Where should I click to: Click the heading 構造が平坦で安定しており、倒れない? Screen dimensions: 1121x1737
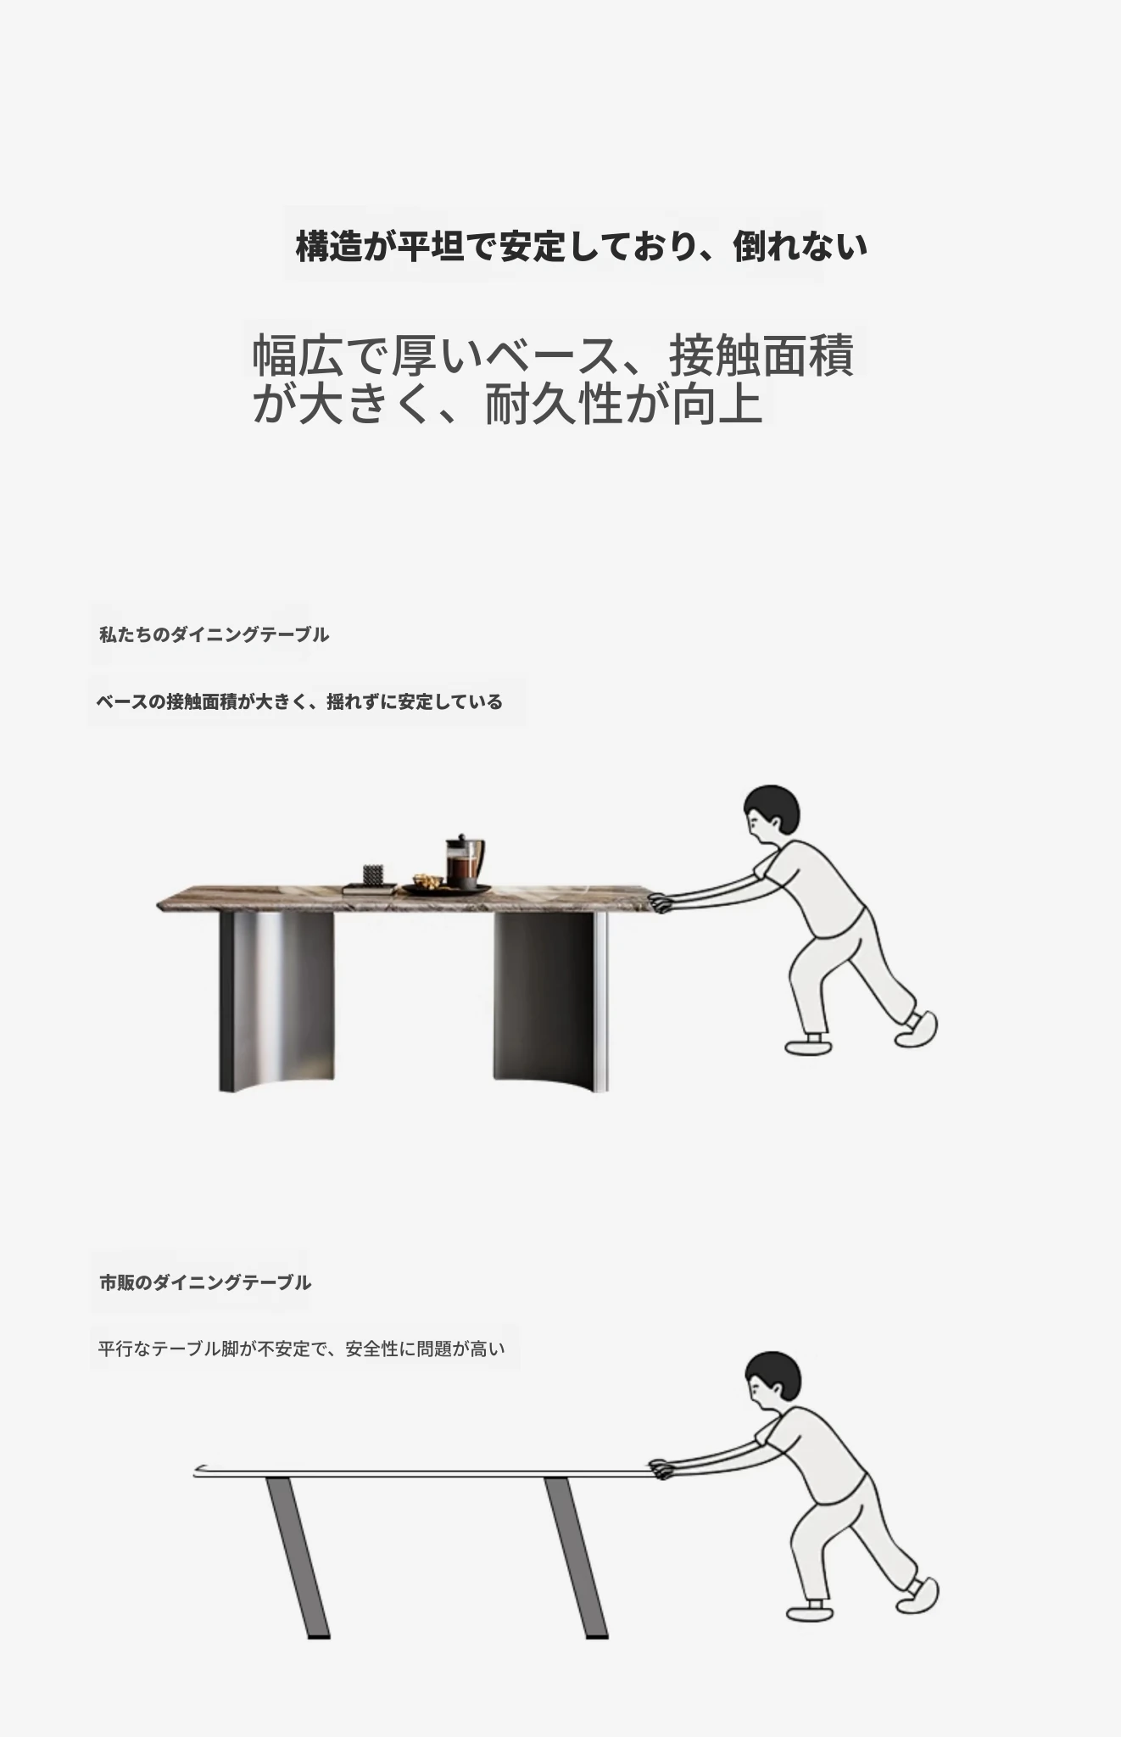pos(581,247)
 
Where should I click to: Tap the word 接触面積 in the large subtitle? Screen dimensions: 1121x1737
pos(761,355)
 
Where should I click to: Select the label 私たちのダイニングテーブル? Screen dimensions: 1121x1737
pos(214,634)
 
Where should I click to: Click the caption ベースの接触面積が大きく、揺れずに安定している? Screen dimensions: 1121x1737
pos(299,701)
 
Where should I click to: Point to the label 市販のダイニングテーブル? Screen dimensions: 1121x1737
pos(205,1282)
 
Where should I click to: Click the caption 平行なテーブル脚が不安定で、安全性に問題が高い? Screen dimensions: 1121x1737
pos(301,1349)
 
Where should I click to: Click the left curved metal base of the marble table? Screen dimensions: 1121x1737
pos(276,1002)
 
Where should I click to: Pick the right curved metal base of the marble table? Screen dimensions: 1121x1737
pos(551,1002)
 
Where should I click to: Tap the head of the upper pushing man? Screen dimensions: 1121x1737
pos(770,813)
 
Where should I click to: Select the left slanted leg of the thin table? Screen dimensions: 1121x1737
pos(298,1557)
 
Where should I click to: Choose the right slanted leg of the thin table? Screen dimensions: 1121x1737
pos(576,1557)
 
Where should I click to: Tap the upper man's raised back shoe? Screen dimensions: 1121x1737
pos(917,1028)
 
